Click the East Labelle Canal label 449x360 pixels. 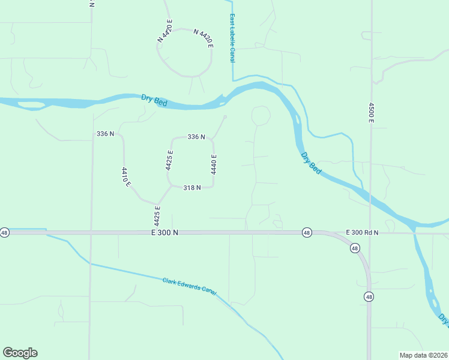click(232, 38)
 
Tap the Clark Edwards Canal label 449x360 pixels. click(189, 286)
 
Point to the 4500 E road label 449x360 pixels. click(371, 113)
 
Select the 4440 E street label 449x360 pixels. click(213, 164)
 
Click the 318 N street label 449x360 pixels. click(191, 188)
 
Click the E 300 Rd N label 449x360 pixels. click(362, 232)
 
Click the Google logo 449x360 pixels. click(20, 353)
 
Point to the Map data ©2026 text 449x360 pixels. click(423, 355)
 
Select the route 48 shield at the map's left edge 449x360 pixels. click(5, 232)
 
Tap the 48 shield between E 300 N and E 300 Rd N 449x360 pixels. click(306, 232)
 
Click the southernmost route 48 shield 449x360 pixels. click(369, 296)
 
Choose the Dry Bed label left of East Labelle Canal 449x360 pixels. click(154, 100)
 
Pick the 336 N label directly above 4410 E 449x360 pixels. click(105, 133)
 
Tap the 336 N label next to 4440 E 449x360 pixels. click(196, 137)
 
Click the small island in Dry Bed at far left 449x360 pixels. click(31, 106)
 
